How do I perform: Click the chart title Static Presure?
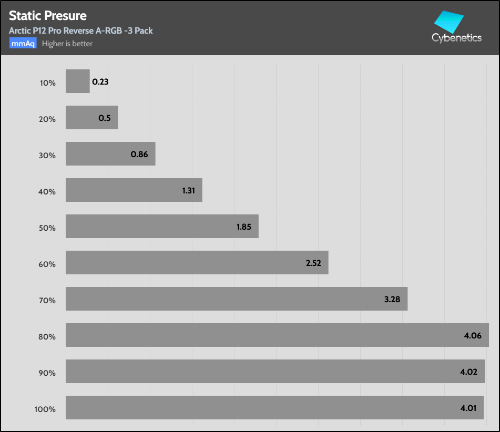point(47,16)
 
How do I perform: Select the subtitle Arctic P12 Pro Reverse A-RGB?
point(65,30)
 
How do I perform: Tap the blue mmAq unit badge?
point(23,44)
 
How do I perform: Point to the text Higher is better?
point(67,44)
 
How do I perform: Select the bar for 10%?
point(78,81)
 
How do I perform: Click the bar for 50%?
point(162,227)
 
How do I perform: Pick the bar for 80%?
point(277,335)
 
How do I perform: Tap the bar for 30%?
point(110,153)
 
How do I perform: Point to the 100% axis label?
point(45,409)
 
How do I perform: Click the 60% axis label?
point(47,264)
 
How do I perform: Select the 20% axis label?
point(47,119)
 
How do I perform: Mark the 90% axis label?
point(47,373)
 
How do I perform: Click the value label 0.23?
point(100,82)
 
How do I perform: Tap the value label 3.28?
point(392,300)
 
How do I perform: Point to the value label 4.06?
point(473,336)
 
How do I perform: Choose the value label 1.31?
point(188,191)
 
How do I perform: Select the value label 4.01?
point(468,408)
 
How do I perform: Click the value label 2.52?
point(313,263)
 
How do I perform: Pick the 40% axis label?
point(47,192)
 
